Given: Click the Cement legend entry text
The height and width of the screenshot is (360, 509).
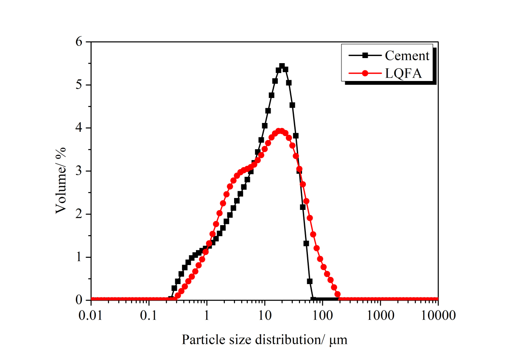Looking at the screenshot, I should coord(407,56).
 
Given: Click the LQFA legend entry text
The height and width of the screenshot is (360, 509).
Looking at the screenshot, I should coord(403,74).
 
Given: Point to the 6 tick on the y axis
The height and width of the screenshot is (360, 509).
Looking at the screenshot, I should coord(79,42).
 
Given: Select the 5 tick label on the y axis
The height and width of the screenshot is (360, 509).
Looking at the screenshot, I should coord(79,85).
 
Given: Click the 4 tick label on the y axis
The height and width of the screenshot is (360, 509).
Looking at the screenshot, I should coord(79,128).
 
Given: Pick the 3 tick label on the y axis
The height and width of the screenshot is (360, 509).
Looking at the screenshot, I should coord(79,171).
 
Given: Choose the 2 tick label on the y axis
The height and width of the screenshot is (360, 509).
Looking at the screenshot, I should coord(79,214).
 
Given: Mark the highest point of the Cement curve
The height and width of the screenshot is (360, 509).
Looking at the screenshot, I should coord(282,66).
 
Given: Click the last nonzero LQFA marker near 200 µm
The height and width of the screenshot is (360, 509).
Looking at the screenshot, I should coord(338,294).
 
